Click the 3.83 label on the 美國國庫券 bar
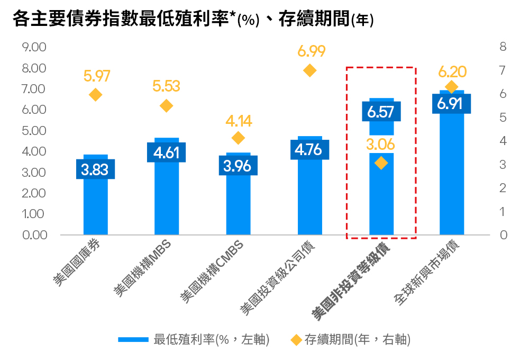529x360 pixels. pyautogui.click(x=96, y=169)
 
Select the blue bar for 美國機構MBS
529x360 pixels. pyautogui.click(x=167, y=201)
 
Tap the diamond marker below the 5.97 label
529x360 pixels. pyautogui.click(x=96, y=95)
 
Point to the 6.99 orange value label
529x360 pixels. pyautogui.click(x=311, y=51)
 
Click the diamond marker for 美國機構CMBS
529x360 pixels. pyautogui.click(x=238, y=138)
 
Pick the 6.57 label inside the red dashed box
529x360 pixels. pyautogui.click(x=381, y=112)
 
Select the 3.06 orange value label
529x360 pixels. pyautogui.click(x=381, y=144)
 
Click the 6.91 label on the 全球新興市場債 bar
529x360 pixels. pyautogui.click(x=451, y=104)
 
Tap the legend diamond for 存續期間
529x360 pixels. pyautogui.click(x=296, y=340)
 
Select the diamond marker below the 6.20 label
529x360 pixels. pyautogui.click(x=451, y=87)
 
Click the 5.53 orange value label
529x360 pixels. pyautogui.click(x=166, y=86)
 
